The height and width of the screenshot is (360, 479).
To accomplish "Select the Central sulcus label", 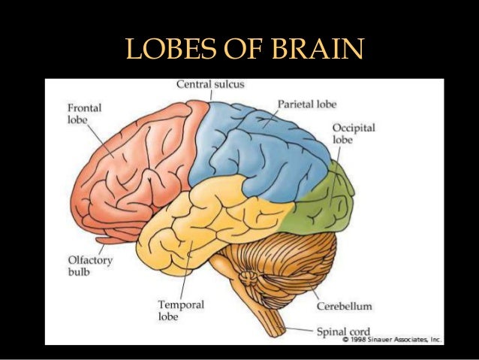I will [209, 85].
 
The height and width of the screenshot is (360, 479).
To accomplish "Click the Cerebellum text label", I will [344, 307].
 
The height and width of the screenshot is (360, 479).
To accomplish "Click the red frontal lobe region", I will [135, 165].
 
